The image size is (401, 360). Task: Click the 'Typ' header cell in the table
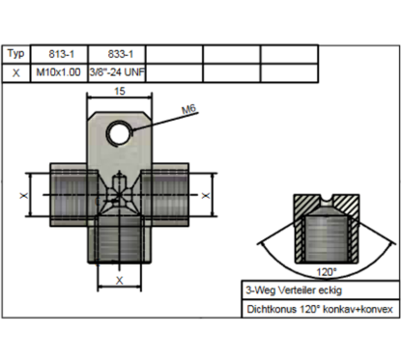pyautogui.click(x=15, y=55)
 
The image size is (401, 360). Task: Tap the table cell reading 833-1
pyautogui.click(x=116, y=55)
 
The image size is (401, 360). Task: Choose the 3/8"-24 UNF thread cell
pyautogui.click(x=116, y=72)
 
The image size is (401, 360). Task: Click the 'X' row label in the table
pyautogui.click(x=15, y=72)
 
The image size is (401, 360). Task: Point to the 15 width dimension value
pyautogui.click(x=118, y=91)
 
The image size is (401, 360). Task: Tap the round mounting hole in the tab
pyautogui.click(x=120, y=130)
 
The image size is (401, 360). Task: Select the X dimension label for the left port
pyautogui.click(x=24, y=195)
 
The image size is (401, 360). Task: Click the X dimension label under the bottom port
pyautogui.click(x=118, y=279)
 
